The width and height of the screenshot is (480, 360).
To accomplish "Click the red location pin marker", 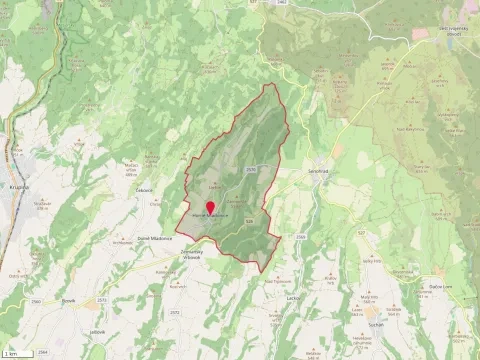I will pos(210,206).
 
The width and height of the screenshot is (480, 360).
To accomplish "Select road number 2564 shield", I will pos(42,353).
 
